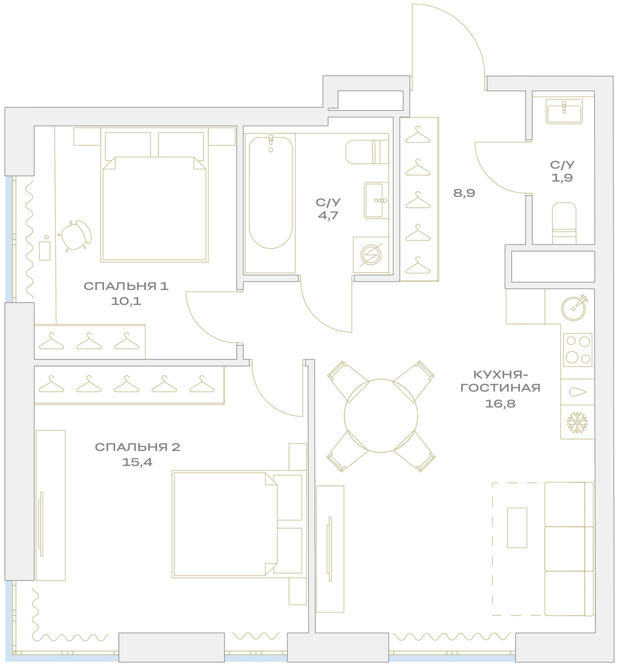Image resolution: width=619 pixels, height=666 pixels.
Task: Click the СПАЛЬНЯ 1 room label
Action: click(x=126, y=286)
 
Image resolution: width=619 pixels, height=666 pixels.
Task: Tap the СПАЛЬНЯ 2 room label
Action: click(x=137, y=447)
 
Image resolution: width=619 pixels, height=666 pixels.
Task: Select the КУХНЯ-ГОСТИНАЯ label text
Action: click(x=500, y=381)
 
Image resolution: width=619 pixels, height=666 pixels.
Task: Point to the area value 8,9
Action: click(x=464, y=193)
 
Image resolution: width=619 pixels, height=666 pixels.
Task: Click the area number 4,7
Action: click(x=328, y=215)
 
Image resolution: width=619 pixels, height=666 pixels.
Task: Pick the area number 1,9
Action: click(x=562, y=177)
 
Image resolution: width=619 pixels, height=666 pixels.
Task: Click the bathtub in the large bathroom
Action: click(x=271, y=192)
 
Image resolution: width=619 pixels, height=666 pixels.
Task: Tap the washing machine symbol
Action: click(x=371, y=255)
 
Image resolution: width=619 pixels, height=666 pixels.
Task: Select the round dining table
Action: click(x=381, y=416)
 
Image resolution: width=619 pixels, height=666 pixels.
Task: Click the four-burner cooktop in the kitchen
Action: click(x=578, y=350)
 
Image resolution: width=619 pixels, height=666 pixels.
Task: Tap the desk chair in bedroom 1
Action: click(x=76, y=235)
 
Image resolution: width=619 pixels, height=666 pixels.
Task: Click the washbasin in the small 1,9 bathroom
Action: click(x=564, y=111)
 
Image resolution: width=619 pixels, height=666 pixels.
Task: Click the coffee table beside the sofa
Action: click(x=517, y=527)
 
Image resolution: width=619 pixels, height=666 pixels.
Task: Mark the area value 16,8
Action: click(x=500, y=403)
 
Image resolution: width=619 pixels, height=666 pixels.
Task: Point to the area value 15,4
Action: click(x=137, y=462)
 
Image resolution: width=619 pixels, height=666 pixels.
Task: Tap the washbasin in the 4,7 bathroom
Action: click(x=376, y=200)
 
